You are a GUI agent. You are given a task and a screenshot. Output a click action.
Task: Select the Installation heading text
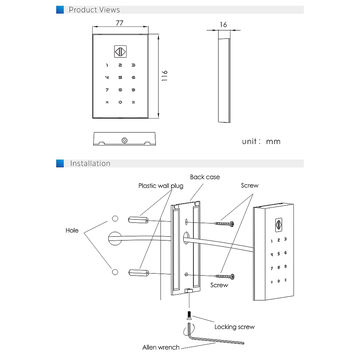coord(91,163)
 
